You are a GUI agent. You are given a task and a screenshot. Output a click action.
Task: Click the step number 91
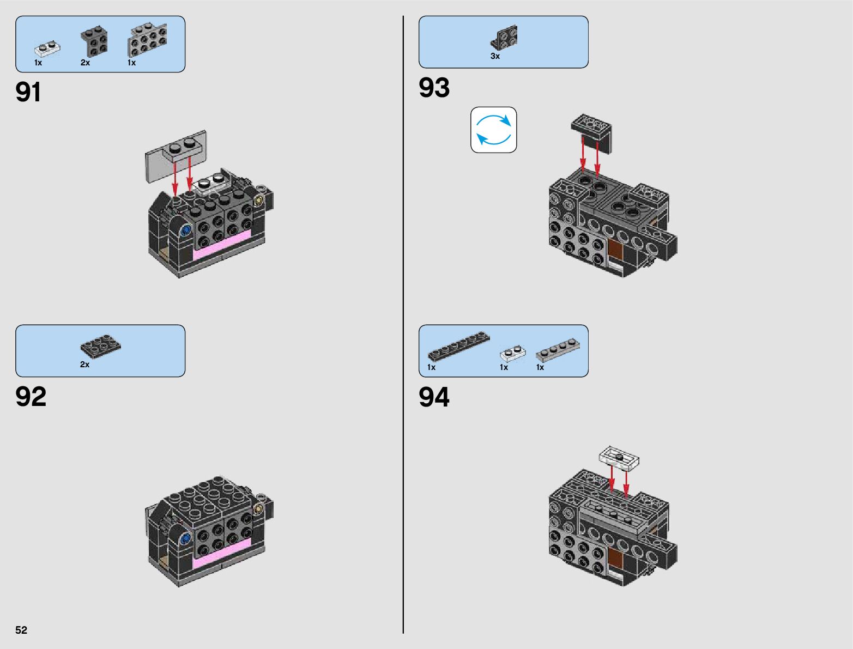click(28, 92)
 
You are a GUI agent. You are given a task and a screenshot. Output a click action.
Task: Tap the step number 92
click(31, 397)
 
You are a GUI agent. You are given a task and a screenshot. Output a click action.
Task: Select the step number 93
click(434, 88)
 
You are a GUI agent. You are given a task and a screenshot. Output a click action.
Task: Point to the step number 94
click(434, 397)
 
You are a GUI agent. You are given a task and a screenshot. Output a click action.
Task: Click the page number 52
click(21, 630)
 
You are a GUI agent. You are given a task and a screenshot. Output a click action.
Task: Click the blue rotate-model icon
click(493, 130)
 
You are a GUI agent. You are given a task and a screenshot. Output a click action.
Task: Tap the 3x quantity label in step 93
click(495, 56)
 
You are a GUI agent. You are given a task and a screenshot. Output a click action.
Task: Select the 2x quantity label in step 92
click(84, 365)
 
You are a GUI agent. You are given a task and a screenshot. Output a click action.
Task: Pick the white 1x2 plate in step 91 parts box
click(47, 50)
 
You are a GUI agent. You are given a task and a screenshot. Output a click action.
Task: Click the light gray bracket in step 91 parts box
click(147, 40)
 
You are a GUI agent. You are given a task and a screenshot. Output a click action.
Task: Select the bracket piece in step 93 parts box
click(504, 38)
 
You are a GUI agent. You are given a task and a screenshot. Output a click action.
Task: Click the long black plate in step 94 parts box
click(458, 345)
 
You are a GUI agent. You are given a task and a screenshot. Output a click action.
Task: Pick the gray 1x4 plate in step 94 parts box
click(558, 349)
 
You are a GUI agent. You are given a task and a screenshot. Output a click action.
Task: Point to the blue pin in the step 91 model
click(185, 231)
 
